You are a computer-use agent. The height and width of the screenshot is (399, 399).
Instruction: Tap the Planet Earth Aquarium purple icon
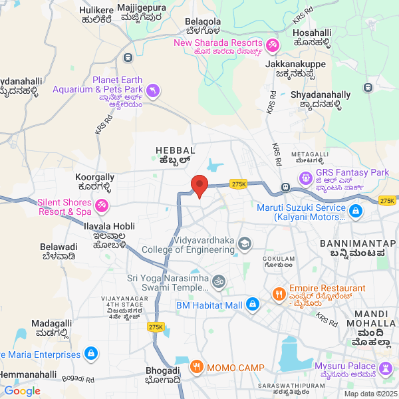pyautogui.click(x=154, y=90)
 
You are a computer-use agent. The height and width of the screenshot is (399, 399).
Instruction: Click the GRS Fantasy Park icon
pyautogui.click(x=306, y=178)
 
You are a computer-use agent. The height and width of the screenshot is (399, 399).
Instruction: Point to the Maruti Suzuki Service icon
pyautogui.click(x=356, y=211)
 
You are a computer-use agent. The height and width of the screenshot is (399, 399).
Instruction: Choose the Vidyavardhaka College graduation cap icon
pyautogui.click(x=245, y=244)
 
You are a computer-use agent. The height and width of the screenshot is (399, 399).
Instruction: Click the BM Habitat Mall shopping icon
pyautogui.click(x=252, y=305)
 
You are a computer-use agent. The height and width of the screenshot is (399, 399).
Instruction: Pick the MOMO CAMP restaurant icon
pyautogui.click(x=196, y=368)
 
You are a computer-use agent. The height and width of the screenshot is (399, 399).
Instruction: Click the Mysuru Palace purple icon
pyautogui.click(x=385, y=367)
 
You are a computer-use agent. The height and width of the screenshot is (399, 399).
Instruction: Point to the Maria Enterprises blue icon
pyautogui.click(x=92, y=354)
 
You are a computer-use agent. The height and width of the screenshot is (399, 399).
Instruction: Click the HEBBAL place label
pyautogui.click(x=175, y=151)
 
